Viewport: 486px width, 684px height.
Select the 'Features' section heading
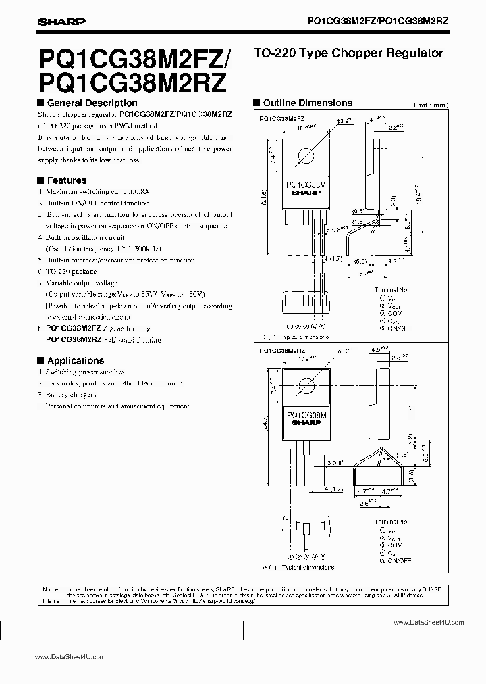[x=66, y=180]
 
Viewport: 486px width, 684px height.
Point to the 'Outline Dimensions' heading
[x=306, y=103]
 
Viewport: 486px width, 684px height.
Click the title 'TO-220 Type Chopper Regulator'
[x=347, y=53]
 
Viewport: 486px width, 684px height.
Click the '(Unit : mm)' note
[x=429, y=105]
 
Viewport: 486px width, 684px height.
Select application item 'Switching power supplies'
[x=84, y=372]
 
